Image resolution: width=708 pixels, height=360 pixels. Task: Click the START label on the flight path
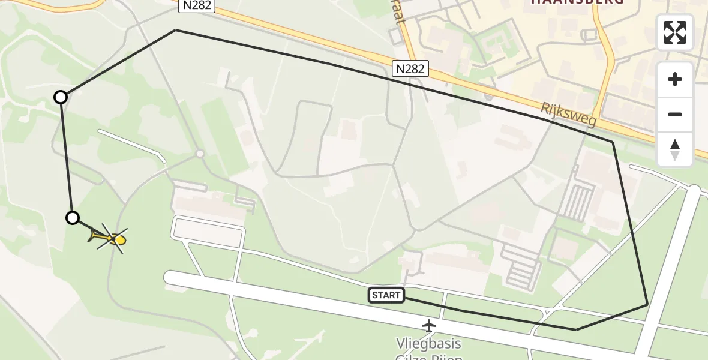pyautogui.click(x=386, y=295)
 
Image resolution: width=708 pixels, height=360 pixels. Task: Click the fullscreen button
pyautogui.click(x=675, y=32)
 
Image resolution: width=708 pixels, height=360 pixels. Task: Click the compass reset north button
pyautogui.click(x=675, y=149)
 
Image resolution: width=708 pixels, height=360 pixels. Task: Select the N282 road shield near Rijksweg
pyautogui.click(x=410, y=68)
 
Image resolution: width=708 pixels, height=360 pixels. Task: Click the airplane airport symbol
pyautogui.click(x=428, y=326)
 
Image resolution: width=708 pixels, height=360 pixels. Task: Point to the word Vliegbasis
pyautogui.click(x=428, y=344)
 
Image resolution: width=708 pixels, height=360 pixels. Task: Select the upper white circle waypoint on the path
pyautogui.click(x=61, y=97)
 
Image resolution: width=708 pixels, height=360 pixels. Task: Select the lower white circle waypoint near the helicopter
pyautogui.click(x=73, y=218)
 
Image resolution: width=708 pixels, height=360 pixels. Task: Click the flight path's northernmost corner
pyautogui.click(x=175, y=30)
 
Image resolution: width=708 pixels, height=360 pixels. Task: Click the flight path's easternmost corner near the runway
pyautogui.click(x=647, y=305)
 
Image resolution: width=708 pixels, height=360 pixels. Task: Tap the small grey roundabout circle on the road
pyautogui.click(x=200, y=154)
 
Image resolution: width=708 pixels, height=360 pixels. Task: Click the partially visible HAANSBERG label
pyautogui.click(x=577, y=2)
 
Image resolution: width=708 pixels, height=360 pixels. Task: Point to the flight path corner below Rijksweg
pyautogui.click(x=613, y=142)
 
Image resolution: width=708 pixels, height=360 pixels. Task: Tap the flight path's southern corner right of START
pyautogui.click(x=576, y=329)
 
